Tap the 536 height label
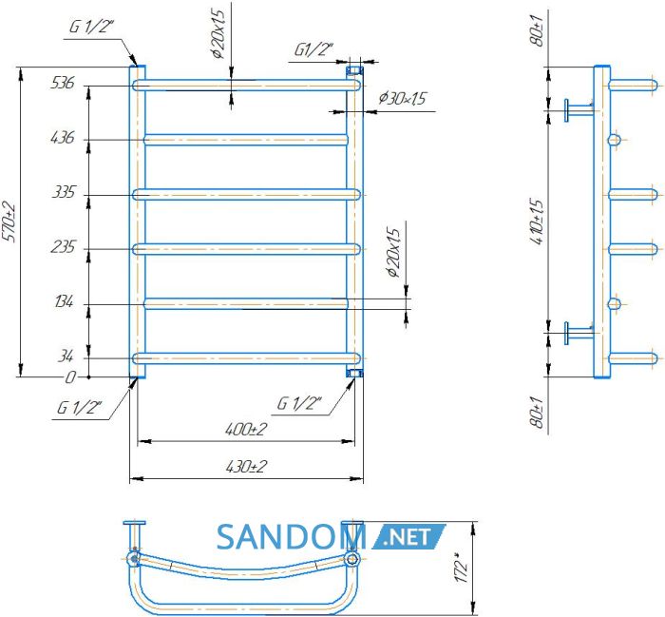point(62,83)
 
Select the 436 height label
point(62,138)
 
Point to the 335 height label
point(64,192)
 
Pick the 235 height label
point(63,246)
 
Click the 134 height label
point(64,301)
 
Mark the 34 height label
point(66,356)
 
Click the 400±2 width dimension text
point(246,430)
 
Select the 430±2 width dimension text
point(246,467)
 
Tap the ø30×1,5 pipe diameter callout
point(402,99)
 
